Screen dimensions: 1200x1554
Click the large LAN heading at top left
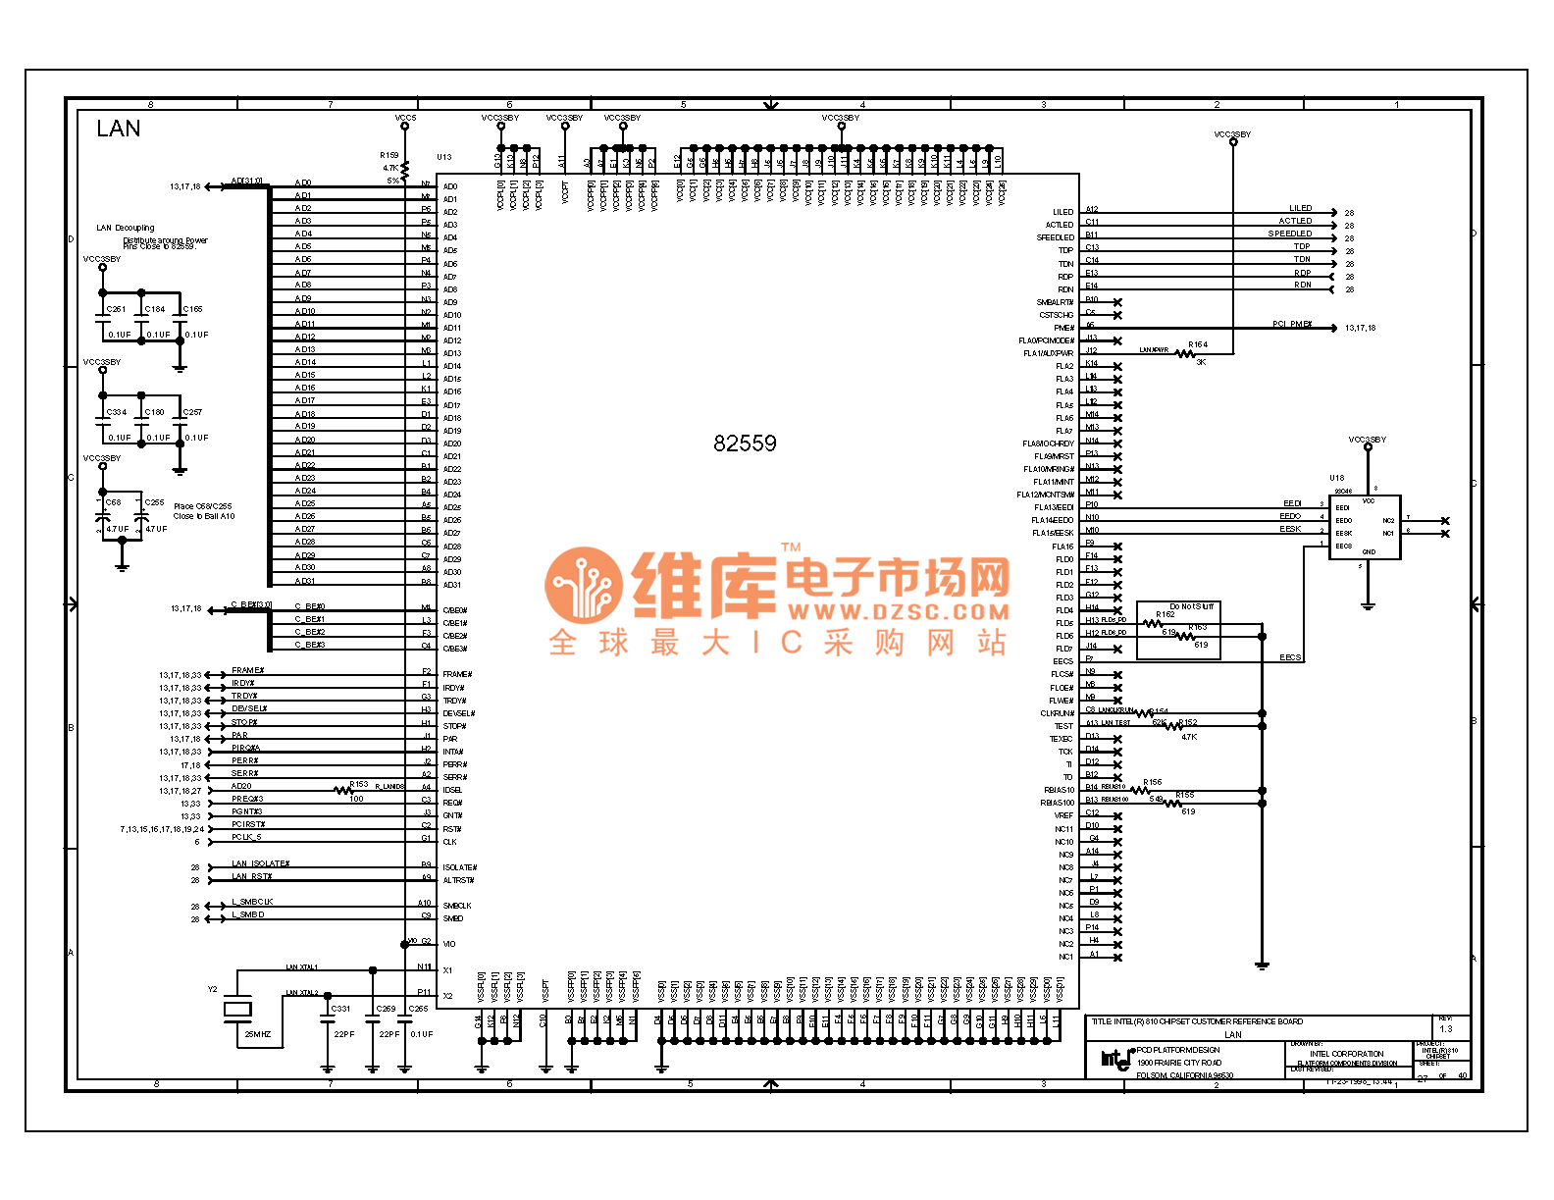[118, 129]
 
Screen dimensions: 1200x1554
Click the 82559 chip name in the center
[745, 443]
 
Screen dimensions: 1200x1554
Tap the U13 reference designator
[443, 157]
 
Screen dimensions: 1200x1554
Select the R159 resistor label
[389, 155]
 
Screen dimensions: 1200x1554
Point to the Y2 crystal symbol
[237, 1008]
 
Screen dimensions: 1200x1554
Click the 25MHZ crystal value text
[257, 1034]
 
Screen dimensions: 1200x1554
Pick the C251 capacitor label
[116, 309]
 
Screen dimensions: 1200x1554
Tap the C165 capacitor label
[193, 309]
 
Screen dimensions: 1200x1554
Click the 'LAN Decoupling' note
[125, 228]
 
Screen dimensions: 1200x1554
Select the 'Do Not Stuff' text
[1191, 606]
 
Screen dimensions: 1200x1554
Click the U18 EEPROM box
[1364, 528]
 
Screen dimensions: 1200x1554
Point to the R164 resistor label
[1198, 344]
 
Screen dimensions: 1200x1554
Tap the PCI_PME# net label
[1292, 324]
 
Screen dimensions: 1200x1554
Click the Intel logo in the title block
[1115, 1058]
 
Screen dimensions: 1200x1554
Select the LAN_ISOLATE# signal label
[260, 863]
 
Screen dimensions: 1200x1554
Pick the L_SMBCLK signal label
[252, 902]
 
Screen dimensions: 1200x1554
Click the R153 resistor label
[359, 784]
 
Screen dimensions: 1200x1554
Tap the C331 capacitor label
[340, 1009]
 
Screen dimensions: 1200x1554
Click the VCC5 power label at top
[405, 118]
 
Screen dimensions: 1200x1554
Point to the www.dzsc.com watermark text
[898, 612]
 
